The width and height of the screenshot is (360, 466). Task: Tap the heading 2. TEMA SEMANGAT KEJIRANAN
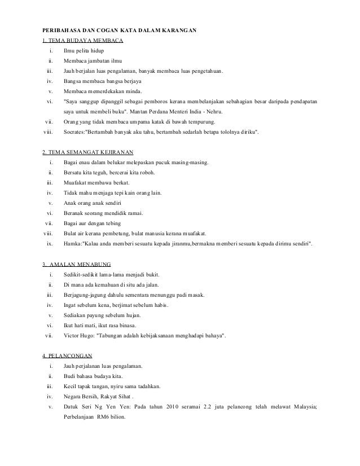click(87, 152)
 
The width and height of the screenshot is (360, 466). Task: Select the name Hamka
click(72, 244)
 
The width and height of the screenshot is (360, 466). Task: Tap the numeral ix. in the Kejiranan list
click(50, 244)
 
